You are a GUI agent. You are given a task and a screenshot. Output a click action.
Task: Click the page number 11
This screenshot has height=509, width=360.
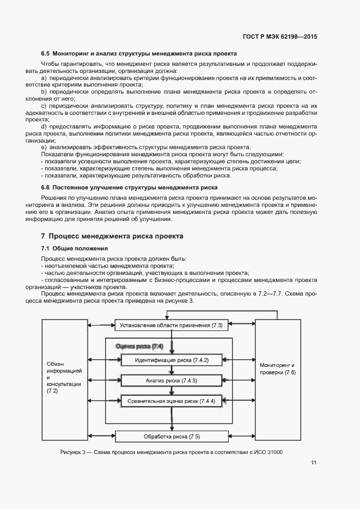tap(314, 463)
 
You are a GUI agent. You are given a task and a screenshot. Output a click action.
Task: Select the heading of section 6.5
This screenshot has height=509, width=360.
tap(139, 54)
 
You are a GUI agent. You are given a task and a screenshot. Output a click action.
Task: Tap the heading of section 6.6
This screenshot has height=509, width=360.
tap(129, 187)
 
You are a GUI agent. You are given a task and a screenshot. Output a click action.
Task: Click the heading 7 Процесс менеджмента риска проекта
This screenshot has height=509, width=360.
tap(112, 236)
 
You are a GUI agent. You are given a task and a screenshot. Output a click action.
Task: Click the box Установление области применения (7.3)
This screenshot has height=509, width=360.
tap(171, 326)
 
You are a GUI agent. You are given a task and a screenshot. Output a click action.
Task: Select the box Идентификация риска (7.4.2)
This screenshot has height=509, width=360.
tap(171, 360)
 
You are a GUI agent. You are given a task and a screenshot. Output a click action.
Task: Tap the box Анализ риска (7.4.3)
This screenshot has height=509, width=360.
tap(171, 381)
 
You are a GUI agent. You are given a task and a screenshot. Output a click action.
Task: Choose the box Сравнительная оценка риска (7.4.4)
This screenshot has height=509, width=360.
tap(171, 401)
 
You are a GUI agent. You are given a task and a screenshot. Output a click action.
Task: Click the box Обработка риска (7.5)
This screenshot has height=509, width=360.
tap(171, 437)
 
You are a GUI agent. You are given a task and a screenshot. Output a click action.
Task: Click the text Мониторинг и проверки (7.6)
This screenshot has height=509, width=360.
tap(278, 369)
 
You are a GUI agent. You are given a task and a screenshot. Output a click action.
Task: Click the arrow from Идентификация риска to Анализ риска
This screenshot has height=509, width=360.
tap(172, 370)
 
